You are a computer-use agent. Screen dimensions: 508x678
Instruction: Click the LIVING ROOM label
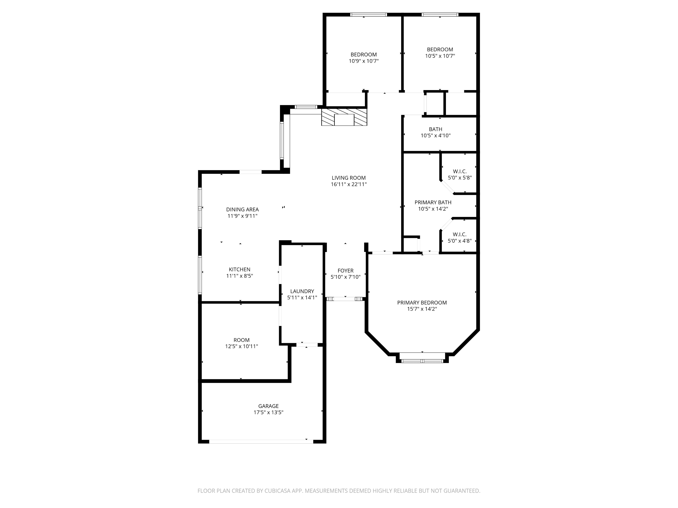(x=348, y=178)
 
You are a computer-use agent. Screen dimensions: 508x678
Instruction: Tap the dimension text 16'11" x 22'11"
(x=348, y=184)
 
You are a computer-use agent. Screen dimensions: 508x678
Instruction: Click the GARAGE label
(x=268, y=406)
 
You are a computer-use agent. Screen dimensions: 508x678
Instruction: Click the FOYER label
(x=345, y=270)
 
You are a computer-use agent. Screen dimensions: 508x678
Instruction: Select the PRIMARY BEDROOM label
(x=422, y=303)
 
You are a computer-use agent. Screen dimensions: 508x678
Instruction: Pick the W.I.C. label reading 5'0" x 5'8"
(x=459, y=175)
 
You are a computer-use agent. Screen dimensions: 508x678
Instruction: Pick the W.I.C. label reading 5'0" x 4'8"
(x=459, y=238)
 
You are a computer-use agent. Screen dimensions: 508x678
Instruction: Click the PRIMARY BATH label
(x=433, y=202)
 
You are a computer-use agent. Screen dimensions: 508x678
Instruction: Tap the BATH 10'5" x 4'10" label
(x=435, y=132)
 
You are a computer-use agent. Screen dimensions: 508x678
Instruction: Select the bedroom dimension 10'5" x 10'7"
(x=440, y=56)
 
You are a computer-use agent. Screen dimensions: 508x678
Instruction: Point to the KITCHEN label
(x=239, y=269)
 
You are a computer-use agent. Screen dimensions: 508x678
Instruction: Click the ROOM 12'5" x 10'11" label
(x=242, y=343)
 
